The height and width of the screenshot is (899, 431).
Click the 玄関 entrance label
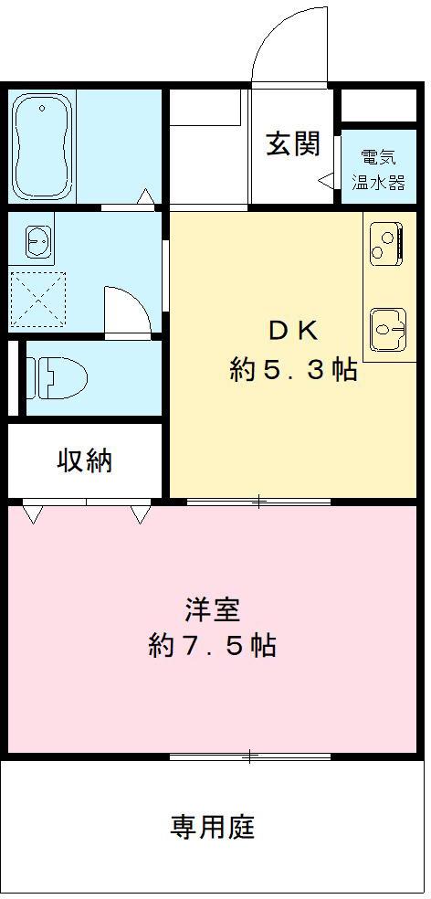click(293, 144)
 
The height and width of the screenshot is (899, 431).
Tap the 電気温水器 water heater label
click(379, 169)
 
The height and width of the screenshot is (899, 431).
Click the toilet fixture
click(57, 375)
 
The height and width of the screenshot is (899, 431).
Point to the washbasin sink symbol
click(37, 243)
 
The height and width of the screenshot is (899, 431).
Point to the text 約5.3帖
click(292, 370)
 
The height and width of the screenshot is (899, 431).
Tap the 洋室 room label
click(212, 608)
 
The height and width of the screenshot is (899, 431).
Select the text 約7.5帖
click(212, 646)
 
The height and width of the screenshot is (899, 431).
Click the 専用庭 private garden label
click(212, 828)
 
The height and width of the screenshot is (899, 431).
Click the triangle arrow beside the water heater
click(325, 181)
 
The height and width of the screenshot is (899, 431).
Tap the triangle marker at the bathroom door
click(145, 197)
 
